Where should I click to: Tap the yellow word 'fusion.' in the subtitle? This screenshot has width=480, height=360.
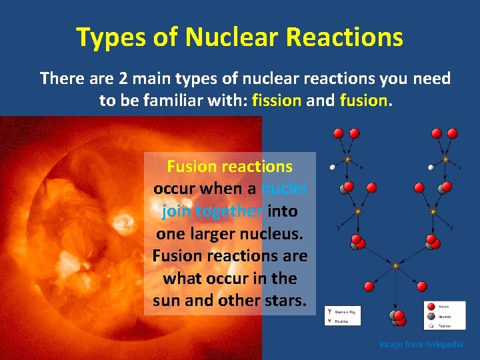[364, 101]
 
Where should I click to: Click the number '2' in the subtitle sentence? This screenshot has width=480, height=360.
[123, 79]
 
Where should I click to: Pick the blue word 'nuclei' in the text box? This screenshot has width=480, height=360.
[284, 189]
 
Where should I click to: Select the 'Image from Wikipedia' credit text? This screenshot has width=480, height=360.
[421, 345]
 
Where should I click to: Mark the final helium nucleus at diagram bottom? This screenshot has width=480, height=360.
[397, 318]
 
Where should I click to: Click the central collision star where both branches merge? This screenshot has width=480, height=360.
[395, 265]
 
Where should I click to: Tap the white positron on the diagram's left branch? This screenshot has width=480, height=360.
[332, 167]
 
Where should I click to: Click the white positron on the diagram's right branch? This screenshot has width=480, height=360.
[431, 167]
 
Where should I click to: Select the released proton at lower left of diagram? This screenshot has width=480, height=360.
[369, 286]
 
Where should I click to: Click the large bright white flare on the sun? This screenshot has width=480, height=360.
[124, 222]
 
